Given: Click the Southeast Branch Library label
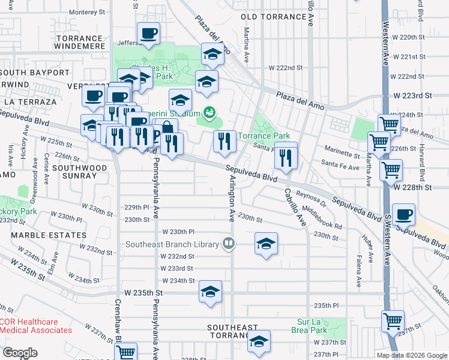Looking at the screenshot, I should tap(172, 244).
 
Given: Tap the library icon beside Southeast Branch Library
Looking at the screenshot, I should tap(228, 244).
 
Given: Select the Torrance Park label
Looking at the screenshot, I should tap(264, 136).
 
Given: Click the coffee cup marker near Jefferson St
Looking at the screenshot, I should tap(148, 34).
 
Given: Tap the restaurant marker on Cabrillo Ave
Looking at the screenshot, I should tap(286, 157).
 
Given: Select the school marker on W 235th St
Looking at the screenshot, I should tap(211, 292).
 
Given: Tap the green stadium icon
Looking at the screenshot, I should tap(209, 112).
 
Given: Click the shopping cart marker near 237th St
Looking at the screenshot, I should tap(393, 320).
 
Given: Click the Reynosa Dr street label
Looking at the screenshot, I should tap(310, 198).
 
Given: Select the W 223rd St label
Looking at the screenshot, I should tap(413, 96).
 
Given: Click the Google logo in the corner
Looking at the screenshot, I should tap(20, 353).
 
